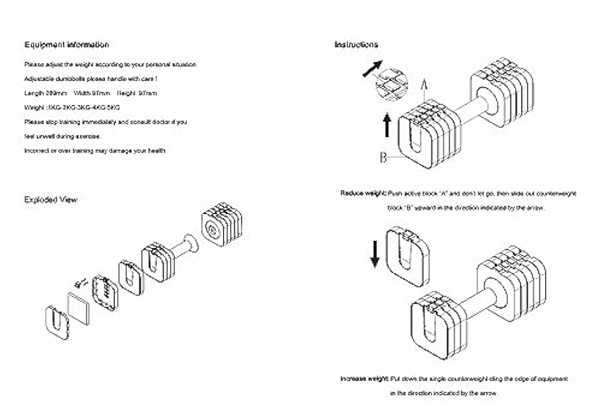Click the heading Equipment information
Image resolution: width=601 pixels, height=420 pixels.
pyautogui.click(x=67, y=45)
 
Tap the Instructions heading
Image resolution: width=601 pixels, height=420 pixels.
pyautogui.click(x=356, y=45)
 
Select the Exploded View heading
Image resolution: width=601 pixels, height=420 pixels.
pyautogui.click(x=50, y=200)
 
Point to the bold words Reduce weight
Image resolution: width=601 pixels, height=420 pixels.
pyautogui.click(x=363, y=193)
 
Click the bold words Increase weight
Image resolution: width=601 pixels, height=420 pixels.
pyautogui.click(x=365, y=379)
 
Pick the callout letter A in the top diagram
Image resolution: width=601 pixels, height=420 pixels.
pyautogui.click(x=424, y=85)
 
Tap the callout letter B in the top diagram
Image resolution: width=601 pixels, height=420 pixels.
pyautogui.click(x=383, y=157)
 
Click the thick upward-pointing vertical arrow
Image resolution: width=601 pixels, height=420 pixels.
pyautogui.click(x=387, y=124)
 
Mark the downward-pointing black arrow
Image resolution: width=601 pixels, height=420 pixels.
pyautogui.click(x=375, y=251)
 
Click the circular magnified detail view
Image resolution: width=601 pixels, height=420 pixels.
pyautogui.click(x=393, y=84)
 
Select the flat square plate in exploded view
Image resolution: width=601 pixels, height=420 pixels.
pyautogui.click(x=80, y=308)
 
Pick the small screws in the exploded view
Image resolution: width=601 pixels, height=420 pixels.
pyautogui.click(x=82, y=282)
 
